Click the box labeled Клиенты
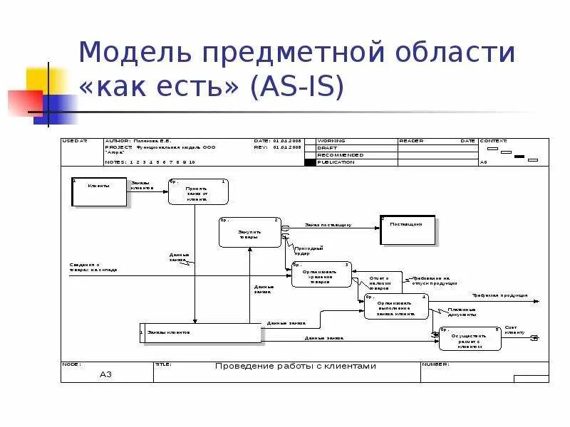(100, 191)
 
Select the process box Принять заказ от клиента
(197, 191)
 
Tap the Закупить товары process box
(249, 232)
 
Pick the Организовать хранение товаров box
(321, 274)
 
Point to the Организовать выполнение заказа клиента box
(396, 307)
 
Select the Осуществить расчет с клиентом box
(470, 339)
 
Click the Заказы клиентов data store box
(202, 332)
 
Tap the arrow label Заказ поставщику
(328, 225)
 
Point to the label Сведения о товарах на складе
(93, 268)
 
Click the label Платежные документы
(462, 312)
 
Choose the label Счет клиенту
(514, 330)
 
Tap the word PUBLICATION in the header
(336, 162)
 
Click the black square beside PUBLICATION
(309, 162)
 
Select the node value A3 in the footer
(106, 374)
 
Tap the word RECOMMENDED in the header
(340, 155)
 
